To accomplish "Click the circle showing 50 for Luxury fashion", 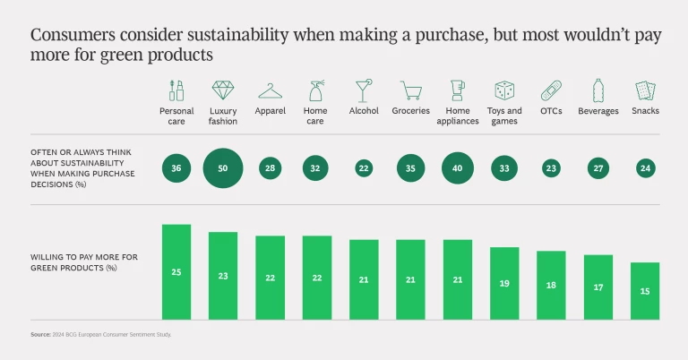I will coord(223,167).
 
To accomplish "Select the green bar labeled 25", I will coord(176,271).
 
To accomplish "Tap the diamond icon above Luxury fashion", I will coord(223,90).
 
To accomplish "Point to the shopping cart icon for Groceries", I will coord(411,90).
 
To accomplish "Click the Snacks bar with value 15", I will coord(645,291).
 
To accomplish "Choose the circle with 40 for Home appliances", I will coord(458,167).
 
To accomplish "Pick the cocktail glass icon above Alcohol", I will coord(364,90).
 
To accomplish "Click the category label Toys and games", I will coord(504,116).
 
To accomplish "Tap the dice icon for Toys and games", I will coord(504,90).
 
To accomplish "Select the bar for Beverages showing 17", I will coord(598,287).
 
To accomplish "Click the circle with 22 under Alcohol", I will coord(364,167).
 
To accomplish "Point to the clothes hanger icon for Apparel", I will coord(271,90).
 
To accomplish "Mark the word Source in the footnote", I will coord(40,334).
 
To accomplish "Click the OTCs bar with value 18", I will coord(551,285).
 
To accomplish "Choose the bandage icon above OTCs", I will coord(551,90).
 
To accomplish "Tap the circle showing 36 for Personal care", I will coord(176,167).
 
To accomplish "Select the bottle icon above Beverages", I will coord(598,90).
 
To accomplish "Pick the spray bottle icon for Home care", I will coord(317,90).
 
